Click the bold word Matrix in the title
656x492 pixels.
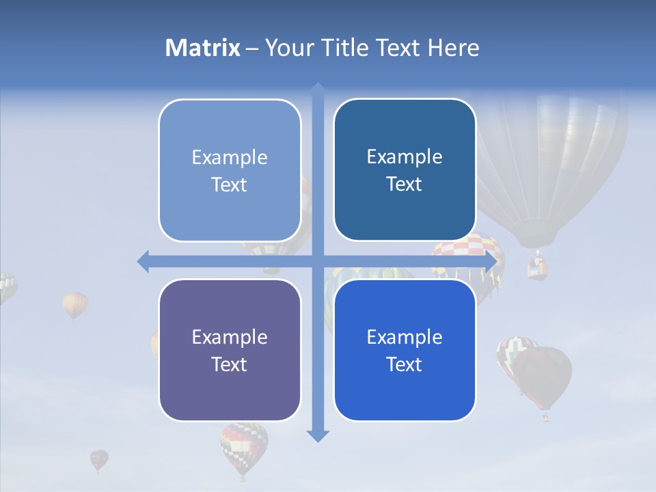tap(203, 48)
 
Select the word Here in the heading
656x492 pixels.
tap(454, 48)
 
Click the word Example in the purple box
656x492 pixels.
tap(230, 337)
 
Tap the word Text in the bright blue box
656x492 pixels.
tap(405, 364)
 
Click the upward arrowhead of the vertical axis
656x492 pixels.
tap(318, 89)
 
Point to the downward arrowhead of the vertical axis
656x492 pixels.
tap(318, 435)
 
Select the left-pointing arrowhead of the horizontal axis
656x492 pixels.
tap(143, 261)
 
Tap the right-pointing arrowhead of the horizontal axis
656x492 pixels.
tap(490, 262)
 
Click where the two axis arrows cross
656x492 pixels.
tap(318, 262)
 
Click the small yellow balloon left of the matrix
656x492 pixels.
tap(75, 304)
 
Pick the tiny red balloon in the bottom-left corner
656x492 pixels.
tap(99, 459)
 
